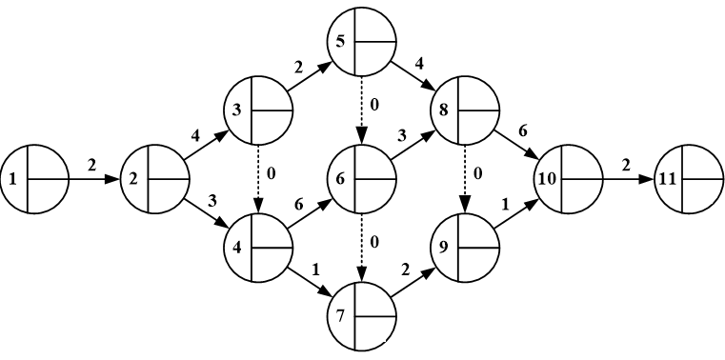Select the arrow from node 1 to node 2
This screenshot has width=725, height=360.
click(x=94, y=178)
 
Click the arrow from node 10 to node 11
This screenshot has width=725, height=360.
click(x=627, y=178)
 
